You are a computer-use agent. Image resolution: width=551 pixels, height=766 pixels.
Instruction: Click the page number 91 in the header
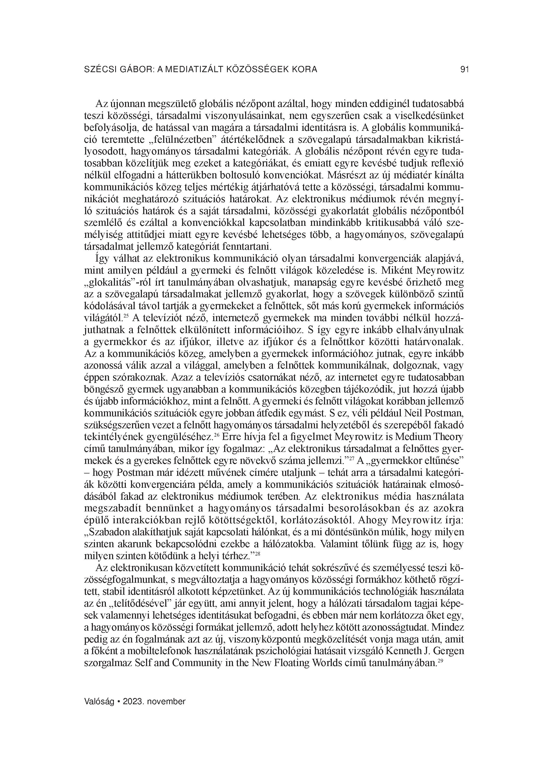click(465, 69)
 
